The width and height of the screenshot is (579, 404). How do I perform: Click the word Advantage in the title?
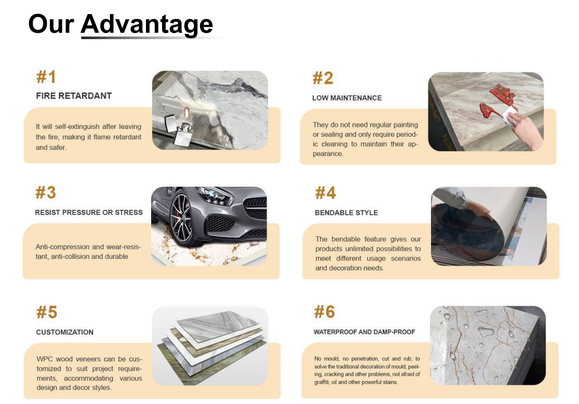[x=146, y=25]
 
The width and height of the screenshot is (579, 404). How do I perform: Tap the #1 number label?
[x=46, y=77]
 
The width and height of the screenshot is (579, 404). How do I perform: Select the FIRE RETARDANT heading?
[x=74, y=96]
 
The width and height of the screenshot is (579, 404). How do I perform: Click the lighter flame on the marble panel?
[x=187, y=113]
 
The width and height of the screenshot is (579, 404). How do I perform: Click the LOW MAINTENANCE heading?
[x=347, y=98]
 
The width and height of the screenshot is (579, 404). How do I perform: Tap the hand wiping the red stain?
[x=525, y=129]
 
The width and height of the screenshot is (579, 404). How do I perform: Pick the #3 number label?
[x=45, y=193]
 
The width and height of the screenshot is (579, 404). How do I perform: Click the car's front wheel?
[x=182, y=220]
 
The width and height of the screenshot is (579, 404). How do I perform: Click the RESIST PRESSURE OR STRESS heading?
[x=89, y=212]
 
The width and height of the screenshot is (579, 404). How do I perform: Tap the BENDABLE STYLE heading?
[x=347, y=213]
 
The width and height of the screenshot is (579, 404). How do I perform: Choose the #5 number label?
[x=46, y=312]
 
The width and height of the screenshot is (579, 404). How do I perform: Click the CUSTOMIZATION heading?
[x=65, y=332]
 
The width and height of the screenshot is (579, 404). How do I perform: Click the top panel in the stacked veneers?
[x=218, y=323]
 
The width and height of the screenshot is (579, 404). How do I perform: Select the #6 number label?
[x=324, y=312]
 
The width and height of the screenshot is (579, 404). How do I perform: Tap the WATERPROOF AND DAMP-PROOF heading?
[x=364, y=332]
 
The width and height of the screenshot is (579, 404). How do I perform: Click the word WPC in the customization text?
[x=45, y=359]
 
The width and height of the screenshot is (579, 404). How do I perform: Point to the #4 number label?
[x=325, y=193]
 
